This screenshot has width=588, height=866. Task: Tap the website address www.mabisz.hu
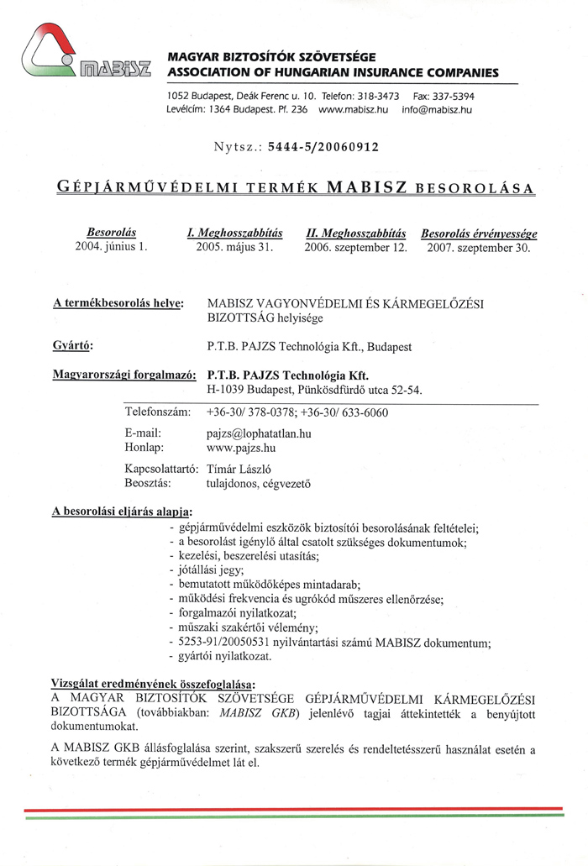click(353, 110)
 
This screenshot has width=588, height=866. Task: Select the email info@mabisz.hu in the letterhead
click(437, 110)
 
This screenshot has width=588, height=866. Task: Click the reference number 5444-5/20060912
click(323, 147)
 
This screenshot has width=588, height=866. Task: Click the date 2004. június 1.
click(112, 247)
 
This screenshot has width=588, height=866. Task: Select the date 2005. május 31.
click(234, 247)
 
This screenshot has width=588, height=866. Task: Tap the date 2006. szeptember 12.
click(355, 247)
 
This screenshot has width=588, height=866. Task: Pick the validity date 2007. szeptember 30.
click(479, 247)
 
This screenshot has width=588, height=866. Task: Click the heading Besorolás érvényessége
click(479, 233)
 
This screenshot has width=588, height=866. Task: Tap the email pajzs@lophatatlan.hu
click(259, 434)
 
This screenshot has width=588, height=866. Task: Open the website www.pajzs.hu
click(241, 449)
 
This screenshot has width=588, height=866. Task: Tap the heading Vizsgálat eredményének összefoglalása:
click(154, 685)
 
